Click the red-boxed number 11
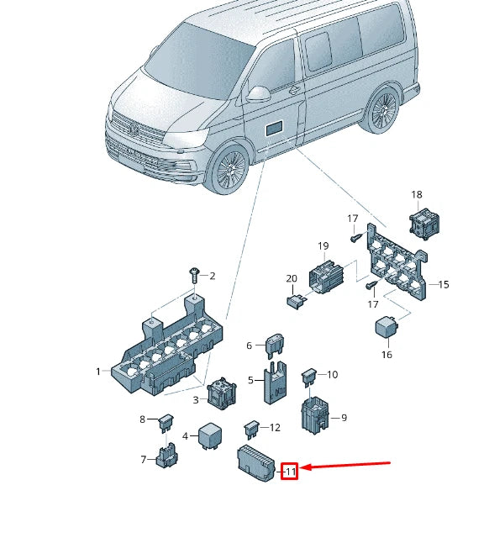click(x=289, y=472)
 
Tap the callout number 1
click(x=98, y=372)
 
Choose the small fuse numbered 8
click(x=311, y=375)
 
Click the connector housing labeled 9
click(x=251, y=427)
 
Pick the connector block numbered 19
click(x=444, y=285)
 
